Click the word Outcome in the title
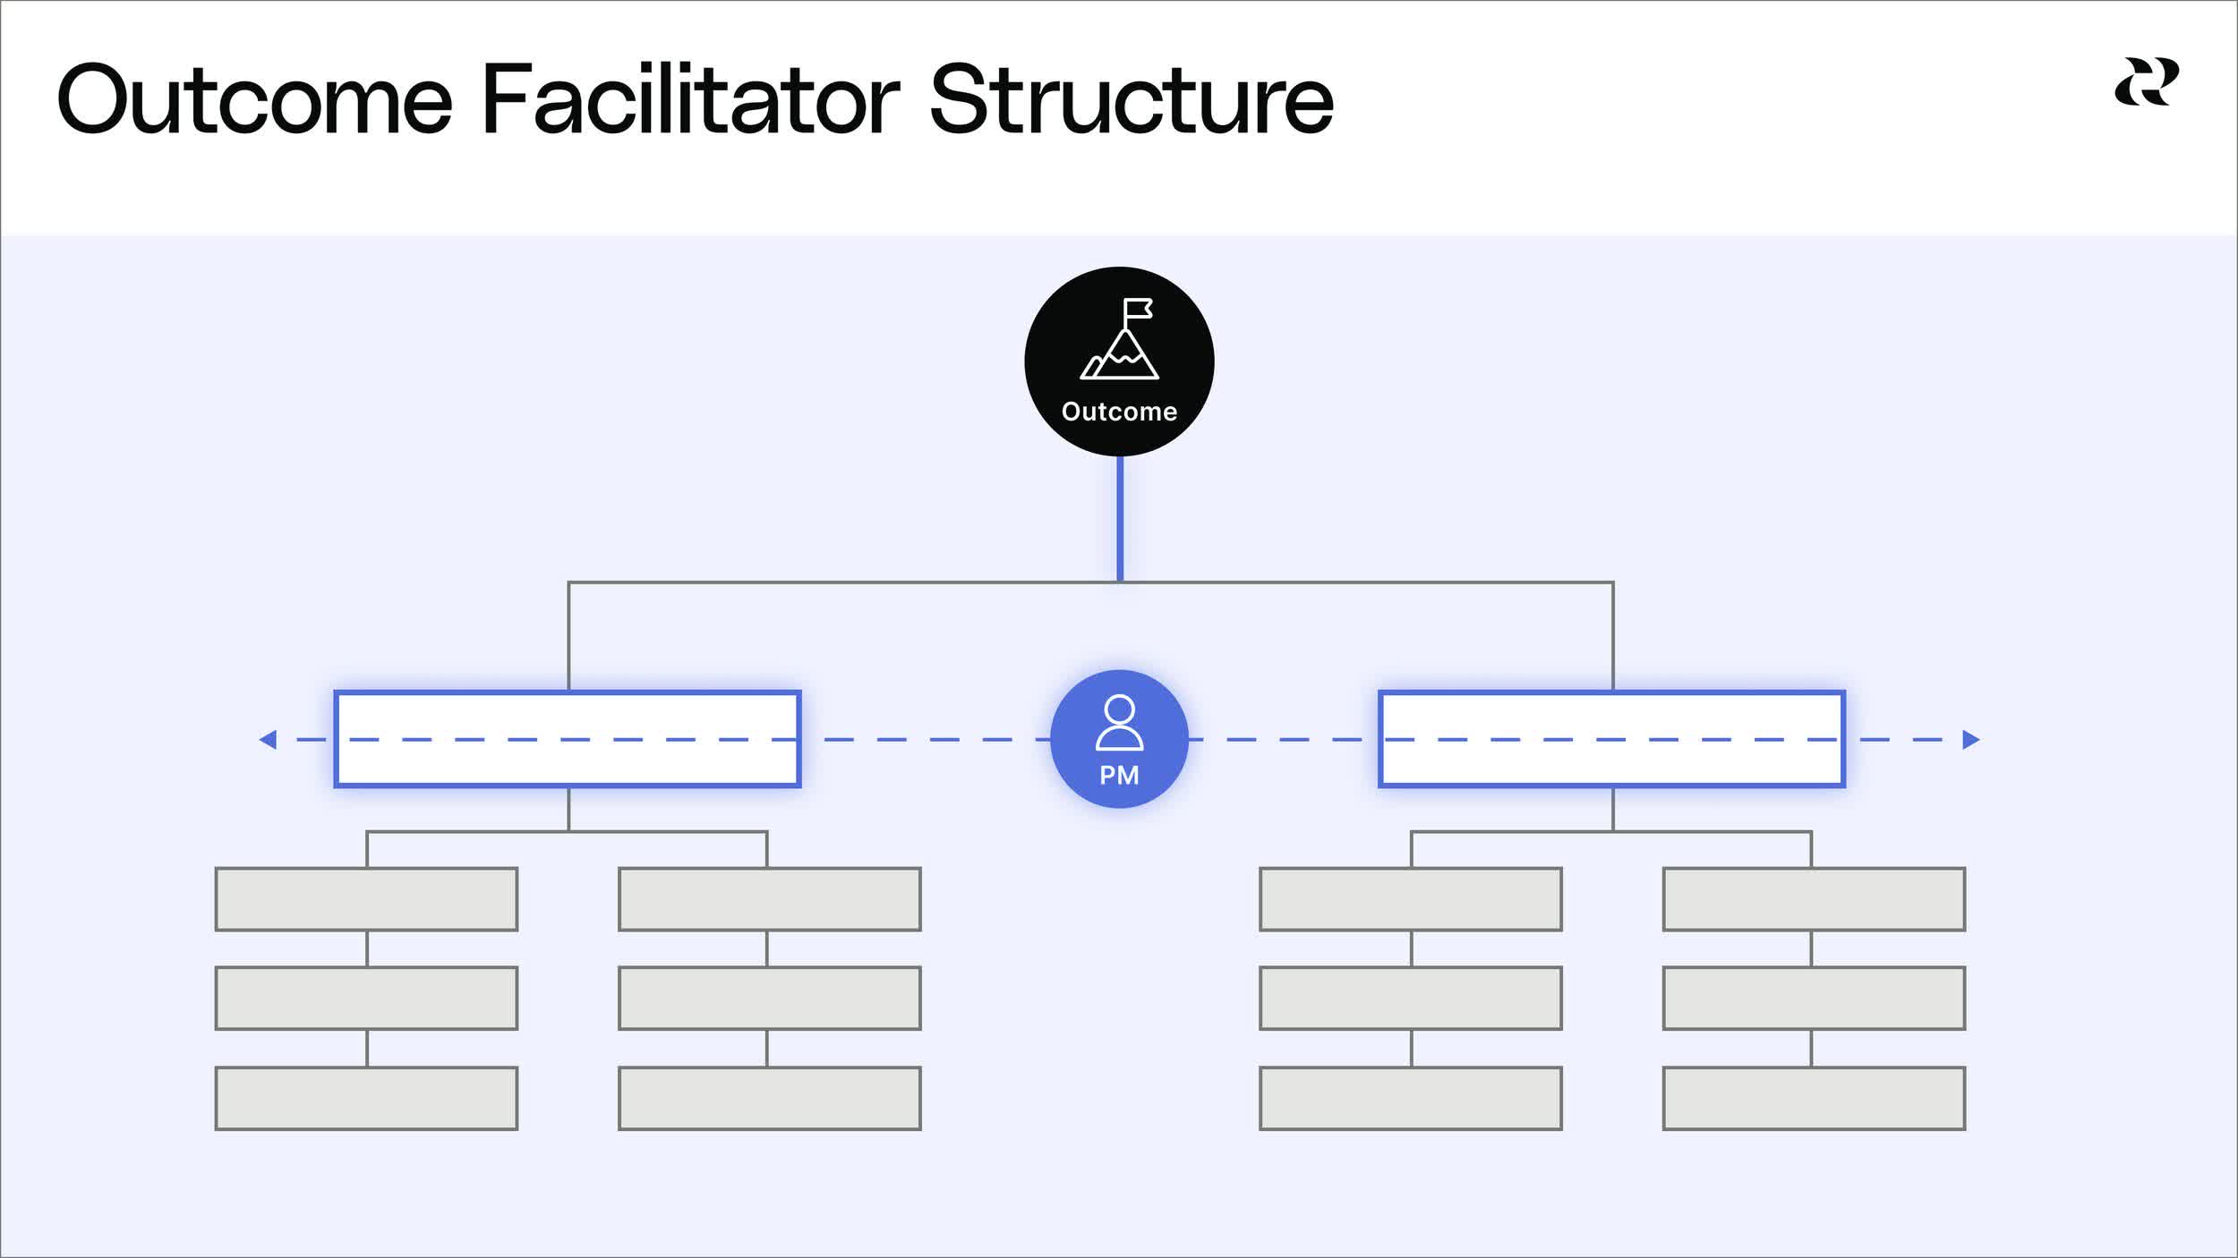pyautogui.click(x=254, y=99)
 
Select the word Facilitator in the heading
pyautogui.click(x=690, y=99)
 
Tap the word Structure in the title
pyautogui.click(x=1132, y=99)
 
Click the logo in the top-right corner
pyautogui.click(x=2147, y=82)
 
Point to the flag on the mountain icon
pyautogui.click(x=1138, y=309)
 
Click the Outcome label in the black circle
pyautogui.click(x=1119, y=412)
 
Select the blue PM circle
pyautogui.click(x=1119, y=739)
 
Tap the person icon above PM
pyautogui.click(x=1119, y=721)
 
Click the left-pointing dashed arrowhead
pyautogui.click(x=268, y=740)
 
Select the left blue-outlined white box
pyautogui.click(x=568, y=739)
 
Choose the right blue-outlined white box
pyautogui.click(x=1611, y=739)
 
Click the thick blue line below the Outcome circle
pyautogui.click(x=1120, y=519)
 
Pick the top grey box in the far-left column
pyautogui.click(x=366, y=899)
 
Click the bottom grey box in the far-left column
pyautogui.click(x=366, y=1098)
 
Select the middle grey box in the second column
pyautogui.click(x=769, y=999)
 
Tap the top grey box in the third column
pyautogui.click(x=1410, y=899)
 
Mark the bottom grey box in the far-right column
pyautogui.click(x=1814, y=1098)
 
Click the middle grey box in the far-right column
pyautogui.click(x=1814, y=999)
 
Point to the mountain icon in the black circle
pyautogui.click(x=1120, y=354)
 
